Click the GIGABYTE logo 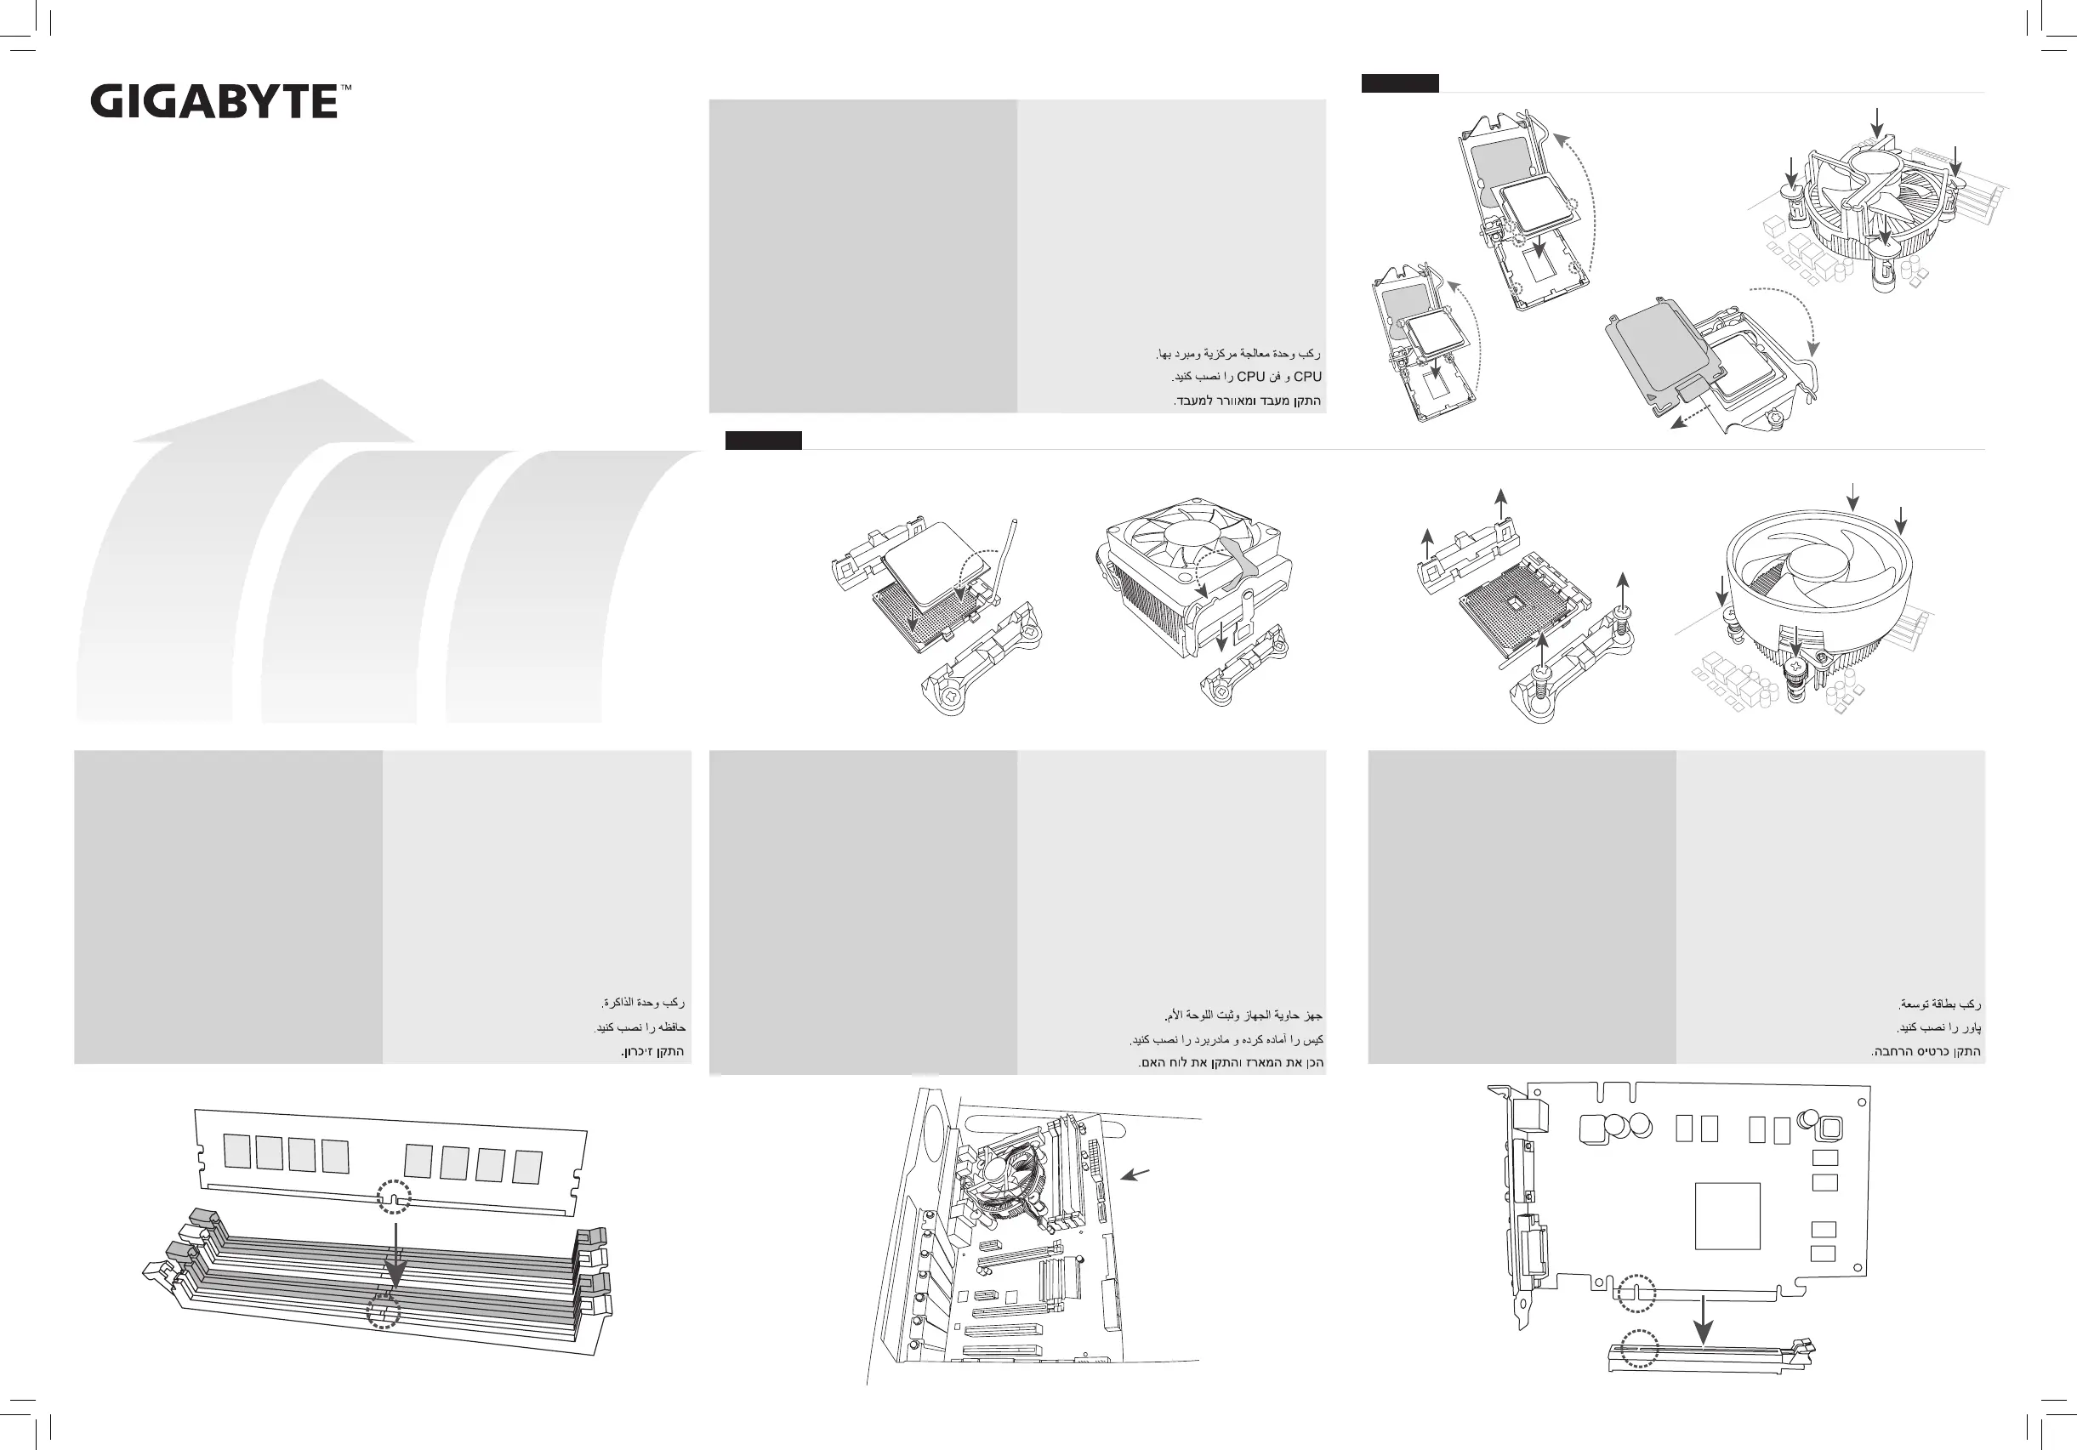214,101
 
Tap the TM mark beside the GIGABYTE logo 345,88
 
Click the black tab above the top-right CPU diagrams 1399,83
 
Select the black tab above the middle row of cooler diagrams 763,441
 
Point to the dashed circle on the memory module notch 394,1197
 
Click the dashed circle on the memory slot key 384,1311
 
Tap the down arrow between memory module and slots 395,1257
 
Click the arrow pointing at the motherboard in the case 1135,1174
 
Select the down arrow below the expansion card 1704,1322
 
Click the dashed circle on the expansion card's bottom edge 1636,1293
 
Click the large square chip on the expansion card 1727,1216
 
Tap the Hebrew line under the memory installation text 652,1052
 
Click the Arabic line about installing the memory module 643,1003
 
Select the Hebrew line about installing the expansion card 1926,1052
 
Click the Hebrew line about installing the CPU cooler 1248,401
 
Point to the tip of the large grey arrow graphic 322,382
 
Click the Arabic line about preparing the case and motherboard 1243,1015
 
